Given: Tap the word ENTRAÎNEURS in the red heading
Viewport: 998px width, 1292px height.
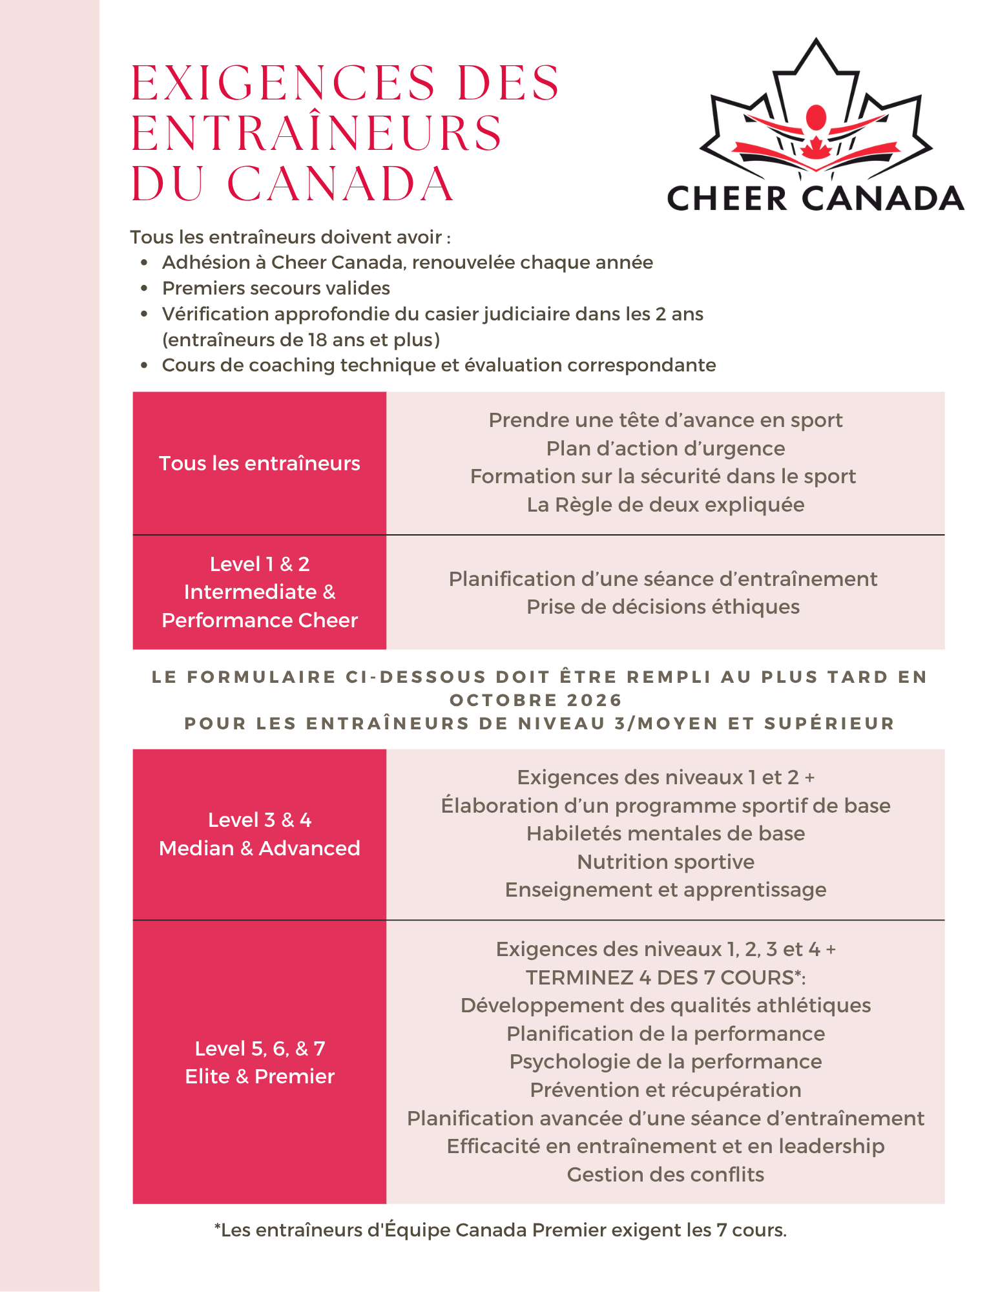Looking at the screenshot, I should tap(317, 134).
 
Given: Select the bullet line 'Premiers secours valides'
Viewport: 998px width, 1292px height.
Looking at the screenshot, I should tap(276, 288).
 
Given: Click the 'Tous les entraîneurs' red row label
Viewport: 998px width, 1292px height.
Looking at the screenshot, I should tap(259, 463).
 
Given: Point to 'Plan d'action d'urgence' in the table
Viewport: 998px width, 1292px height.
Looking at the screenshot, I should tap(665, 448).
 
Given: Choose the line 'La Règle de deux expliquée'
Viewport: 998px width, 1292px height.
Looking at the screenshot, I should tap(665, 505).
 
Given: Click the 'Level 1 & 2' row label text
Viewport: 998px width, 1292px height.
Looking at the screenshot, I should tap(259, 564).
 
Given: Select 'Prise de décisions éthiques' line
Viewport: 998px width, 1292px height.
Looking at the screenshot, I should tap(663, 607).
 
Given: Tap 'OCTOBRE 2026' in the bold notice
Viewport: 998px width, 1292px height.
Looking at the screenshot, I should tap(535, 700).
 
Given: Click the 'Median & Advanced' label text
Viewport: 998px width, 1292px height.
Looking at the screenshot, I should tap(259, 848).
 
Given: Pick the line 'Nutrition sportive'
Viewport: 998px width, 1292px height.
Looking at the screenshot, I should tap(665, 862).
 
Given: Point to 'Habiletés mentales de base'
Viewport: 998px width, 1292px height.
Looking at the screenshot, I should tap(665, 833).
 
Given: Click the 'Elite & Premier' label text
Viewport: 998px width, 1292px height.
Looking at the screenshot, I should tap(259, 1076).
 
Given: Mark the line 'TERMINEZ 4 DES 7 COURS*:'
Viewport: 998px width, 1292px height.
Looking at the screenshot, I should tap(665, 977).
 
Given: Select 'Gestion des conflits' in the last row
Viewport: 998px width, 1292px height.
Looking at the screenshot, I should tap(665, 1174).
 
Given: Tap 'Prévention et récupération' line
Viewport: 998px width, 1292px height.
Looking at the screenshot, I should tap(665, 1090).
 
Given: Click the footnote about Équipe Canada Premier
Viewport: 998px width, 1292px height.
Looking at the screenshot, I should tap(501, 1230).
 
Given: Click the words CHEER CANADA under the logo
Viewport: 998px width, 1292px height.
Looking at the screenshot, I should tap(815, 198).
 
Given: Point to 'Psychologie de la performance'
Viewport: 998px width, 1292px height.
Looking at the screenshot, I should tap(665, 1061).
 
